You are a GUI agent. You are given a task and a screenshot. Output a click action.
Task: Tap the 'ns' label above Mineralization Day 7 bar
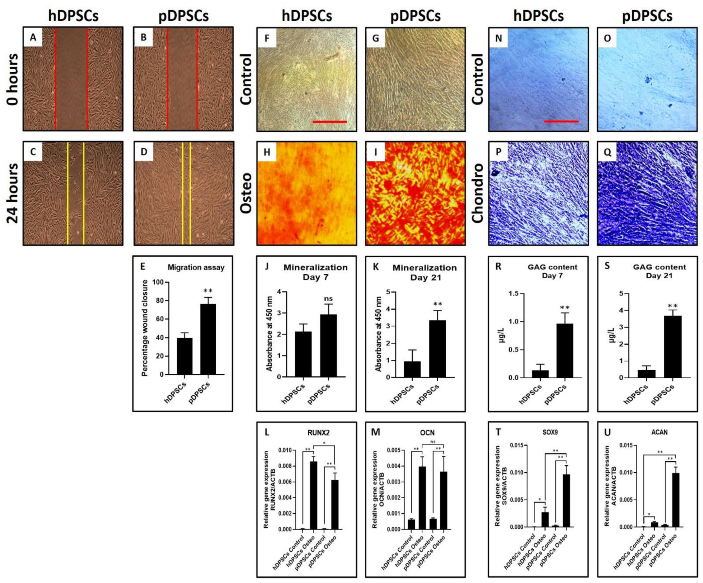coord(328,299)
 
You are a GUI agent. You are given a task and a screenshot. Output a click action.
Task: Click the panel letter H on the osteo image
coord(267,152)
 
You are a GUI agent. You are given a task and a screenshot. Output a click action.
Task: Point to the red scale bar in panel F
coord(329,122)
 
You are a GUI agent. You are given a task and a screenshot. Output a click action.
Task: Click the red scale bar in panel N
coord(561,121)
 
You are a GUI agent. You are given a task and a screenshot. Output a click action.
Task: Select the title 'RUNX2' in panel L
coord(318,432)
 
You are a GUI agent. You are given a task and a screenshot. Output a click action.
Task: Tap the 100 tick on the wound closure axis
coord(158,282)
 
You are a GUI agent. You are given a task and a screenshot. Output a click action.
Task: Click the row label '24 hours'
coord(13,193)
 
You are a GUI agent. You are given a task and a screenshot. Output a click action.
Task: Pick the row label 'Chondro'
coord(478,193)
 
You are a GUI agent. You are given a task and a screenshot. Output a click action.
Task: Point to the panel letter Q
coord(607,152)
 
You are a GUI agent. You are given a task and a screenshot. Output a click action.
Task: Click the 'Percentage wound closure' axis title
coord(145,328)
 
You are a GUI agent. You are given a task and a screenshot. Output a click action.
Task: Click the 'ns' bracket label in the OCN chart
coord(433,441)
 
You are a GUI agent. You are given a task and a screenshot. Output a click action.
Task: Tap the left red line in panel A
coord(56,79)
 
